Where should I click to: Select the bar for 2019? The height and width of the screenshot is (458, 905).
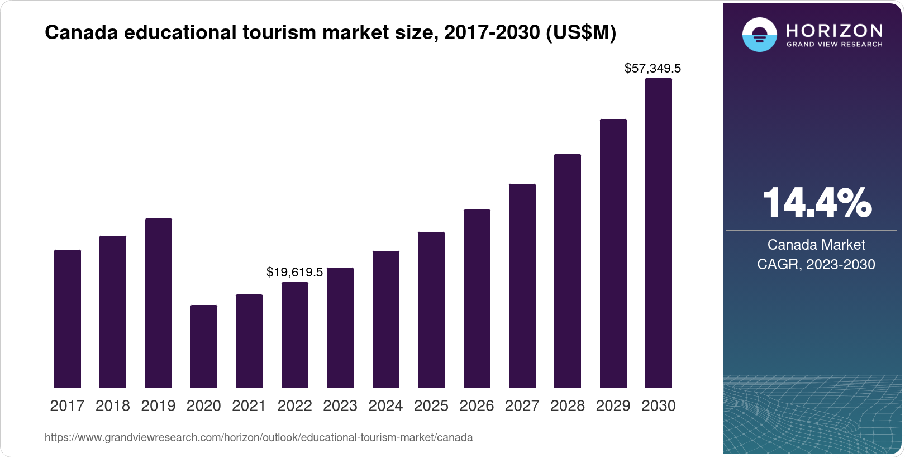click(x=159, y=303)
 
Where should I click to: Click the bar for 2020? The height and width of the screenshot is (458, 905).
click(x=204, y=346)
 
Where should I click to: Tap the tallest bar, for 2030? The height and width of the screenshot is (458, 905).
click(x=659, y=233)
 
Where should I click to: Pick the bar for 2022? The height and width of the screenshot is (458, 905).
click(x=295, y=335)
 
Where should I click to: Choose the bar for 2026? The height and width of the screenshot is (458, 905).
click(x=477, y=298)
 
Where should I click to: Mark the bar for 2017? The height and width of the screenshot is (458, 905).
click(x=68, y=318)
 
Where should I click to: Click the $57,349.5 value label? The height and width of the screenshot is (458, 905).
click(x=652, y=69)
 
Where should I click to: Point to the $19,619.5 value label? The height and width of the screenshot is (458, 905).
click(x=294, y=273)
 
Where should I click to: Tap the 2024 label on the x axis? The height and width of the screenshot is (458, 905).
click(x=385, y=406)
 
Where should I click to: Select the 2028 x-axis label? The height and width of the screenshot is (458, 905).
click(x=568, y=406)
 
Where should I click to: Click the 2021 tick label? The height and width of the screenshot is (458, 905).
click(x=249, y=406)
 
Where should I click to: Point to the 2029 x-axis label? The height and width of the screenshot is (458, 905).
click(x=613, y=406)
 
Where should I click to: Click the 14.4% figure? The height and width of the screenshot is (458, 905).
click(x=816, y=203)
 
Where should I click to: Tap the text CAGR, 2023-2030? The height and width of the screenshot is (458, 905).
click(x=816, y=264)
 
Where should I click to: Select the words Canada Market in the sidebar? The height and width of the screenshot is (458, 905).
click(x=816, y=245)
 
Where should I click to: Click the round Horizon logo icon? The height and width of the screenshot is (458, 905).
click(x=759, y=35)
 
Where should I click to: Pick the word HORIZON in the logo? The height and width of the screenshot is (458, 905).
click(x=835, y=30)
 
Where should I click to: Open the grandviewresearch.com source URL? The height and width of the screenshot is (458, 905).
click(x=259, y=437)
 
